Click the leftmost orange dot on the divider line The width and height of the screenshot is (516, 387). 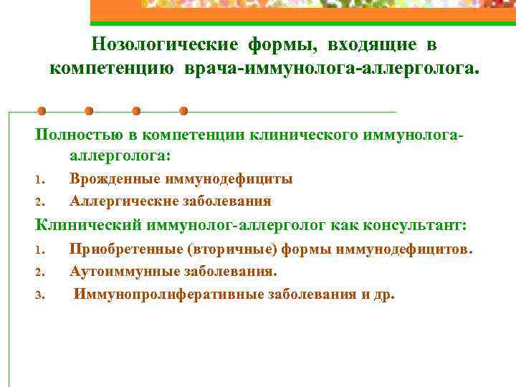42,112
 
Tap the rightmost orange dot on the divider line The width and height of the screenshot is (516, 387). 183,112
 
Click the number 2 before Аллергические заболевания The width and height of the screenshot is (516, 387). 41,201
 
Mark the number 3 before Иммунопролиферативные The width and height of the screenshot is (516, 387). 41,295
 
